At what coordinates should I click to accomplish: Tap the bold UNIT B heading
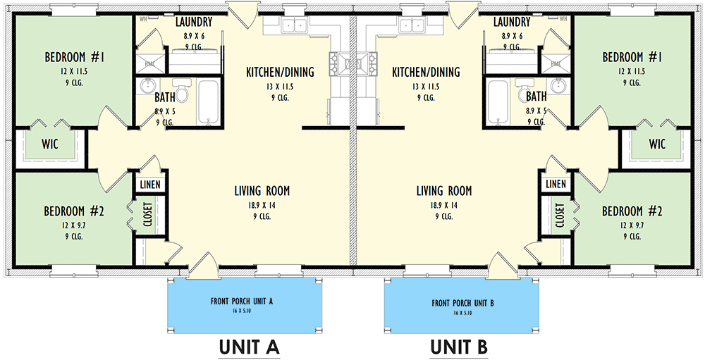click(458, 347)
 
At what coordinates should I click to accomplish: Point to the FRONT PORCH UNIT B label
click(462, 304)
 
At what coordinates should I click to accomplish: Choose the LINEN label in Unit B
click(556, 184)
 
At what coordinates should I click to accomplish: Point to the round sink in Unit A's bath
click(147, 87)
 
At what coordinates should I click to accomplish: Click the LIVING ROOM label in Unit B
click(443, 191)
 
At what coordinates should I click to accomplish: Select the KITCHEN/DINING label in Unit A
click(279, 72)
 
